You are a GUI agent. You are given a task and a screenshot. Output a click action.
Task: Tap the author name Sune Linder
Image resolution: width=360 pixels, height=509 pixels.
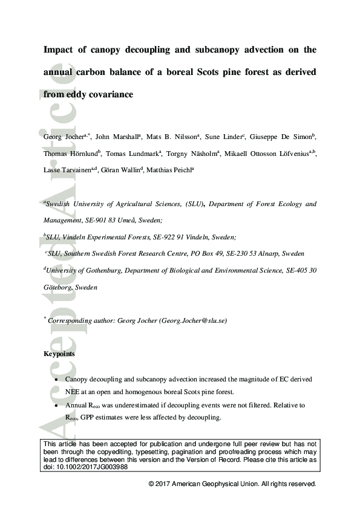pyautogui.click(x=222, y=137)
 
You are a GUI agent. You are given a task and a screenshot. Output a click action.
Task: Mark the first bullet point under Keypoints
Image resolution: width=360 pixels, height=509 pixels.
pyautogui.click(x=56, y=379)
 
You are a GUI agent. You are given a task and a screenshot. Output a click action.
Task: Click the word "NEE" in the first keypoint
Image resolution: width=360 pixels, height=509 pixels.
pyautogui.click(x=74, y=391)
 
